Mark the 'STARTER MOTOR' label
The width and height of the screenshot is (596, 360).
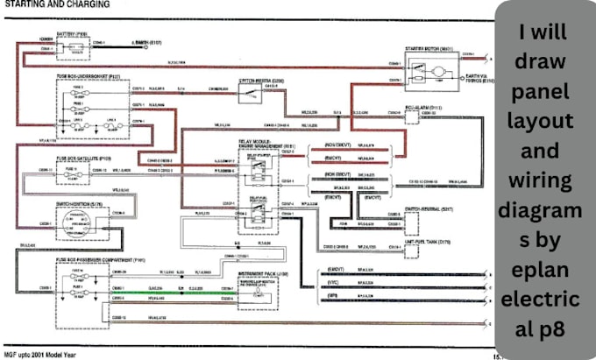click(x=431, y=49)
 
